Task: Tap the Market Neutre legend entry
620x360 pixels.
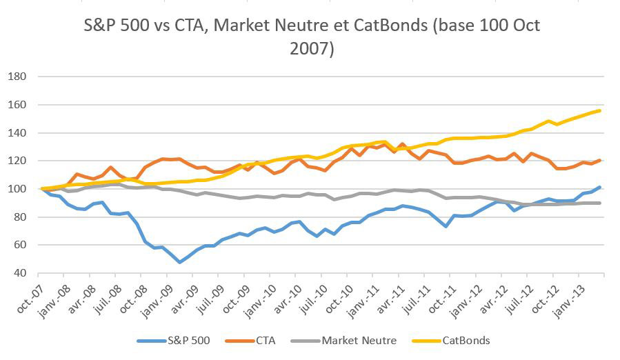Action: coord(354,340)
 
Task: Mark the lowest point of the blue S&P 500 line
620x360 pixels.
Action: coord(180,262)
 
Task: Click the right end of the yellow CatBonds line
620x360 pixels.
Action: coord(599,110)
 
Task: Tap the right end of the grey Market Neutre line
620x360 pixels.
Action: coord(599,203)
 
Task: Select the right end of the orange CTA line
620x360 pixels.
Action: coord(599,160)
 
